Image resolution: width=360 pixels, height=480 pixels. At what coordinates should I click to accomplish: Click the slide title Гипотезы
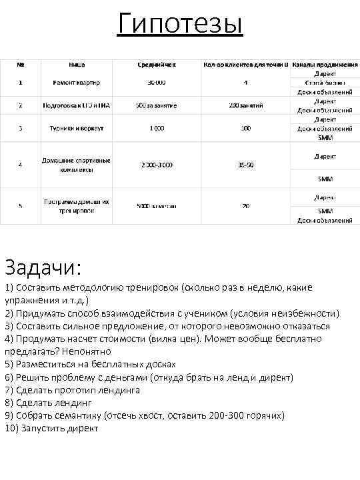[x=179, y=25]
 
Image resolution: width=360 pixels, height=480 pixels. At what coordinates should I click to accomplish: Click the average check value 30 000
[x=157, y=83]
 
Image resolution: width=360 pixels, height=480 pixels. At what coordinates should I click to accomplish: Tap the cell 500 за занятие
[x=157, y=105]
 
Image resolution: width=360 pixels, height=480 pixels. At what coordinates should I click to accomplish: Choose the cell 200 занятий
[x=246, y=105]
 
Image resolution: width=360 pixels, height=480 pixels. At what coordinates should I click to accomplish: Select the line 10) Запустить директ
[x=51, y=429]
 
